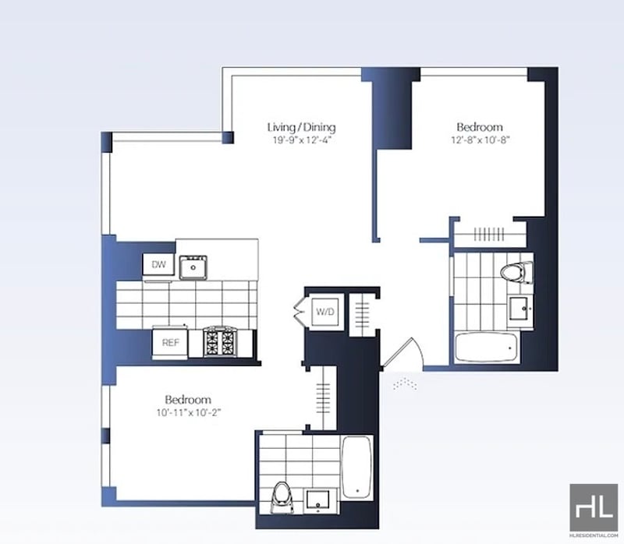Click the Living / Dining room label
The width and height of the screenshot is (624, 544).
(301, 127)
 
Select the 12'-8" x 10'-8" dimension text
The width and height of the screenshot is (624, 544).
(480, 140)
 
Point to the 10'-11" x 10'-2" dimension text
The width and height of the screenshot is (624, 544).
(188, 413)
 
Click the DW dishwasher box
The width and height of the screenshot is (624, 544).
(158, 264)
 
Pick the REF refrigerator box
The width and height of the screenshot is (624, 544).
(170, 342)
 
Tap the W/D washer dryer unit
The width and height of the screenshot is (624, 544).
(325, 312)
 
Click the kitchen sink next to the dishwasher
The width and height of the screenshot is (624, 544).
(193, 267)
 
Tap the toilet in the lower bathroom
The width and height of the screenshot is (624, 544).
(282, 497)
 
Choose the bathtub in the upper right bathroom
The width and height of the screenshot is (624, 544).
(487, 348)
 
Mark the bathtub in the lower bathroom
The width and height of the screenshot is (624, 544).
(357, 468)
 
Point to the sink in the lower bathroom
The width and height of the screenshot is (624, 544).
(318, 500)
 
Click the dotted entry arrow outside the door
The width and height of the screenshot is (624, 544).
(405, 383)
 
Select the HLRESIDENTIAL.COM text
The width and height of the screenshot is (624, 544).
(594, 535)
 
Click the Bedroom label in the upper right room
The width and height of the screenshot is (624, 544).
(480, 127)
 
